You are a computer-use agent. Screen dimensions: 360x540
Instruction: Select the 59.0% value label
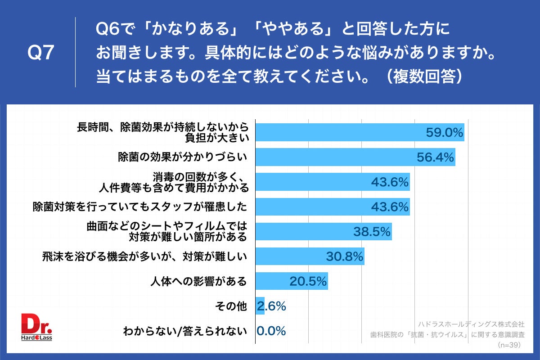[444, 133]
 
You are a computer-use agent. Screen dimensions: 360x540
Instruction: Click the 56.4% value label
[436, 157]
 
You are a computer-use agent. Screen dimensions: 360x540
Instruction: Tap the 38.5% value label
[371, 232]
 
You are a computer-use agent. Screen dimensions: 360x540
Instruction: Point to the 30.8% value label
[344, 256]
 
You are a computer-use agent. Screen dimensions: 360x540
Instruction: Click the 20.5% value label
[308, 281]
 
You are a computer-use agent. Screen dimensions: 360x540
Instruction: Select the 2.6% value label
[272, 306]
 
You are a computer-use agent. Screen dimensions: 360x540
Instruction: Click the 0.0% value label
[271, 331]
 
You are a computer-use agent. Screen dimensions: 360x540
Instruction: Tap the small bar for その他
[260, 306]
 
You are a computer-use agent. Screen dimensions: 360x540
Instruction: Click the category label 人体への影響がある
[198, 282]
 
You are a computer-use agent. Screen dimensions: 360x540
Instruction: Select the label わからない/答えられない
[185, 332]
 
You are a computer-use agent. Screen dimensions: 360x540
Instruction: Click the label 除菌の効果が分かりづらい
[182, 157]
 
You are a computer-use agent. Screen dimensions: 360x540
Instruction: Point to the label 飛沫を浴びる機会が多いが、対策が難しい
[144, 257]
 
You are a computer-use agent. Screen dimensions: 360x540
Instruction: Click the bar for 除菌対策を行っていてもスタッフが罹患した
[333, 207]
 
